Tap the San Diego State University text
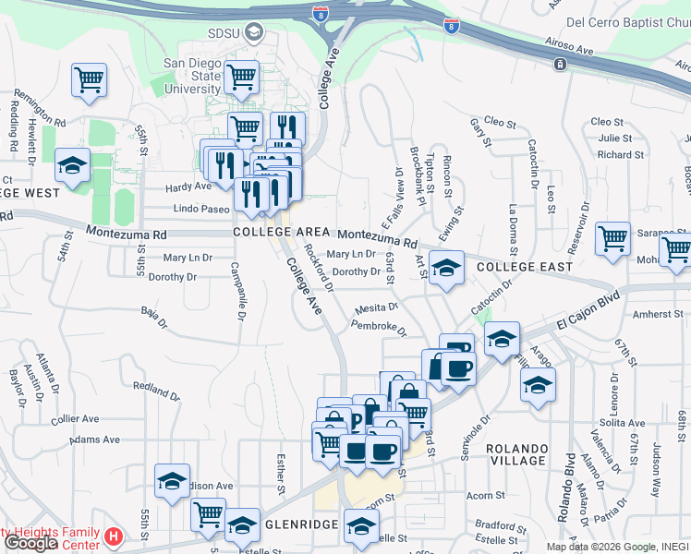tap(192, 76)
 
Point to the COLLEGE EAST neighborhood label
tap(525, 267)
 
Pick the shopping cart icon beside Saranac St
tap(612, 239)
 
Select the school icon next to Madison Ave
tap(172, 480)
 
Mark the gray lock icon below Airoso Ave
tap(559, 64)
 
